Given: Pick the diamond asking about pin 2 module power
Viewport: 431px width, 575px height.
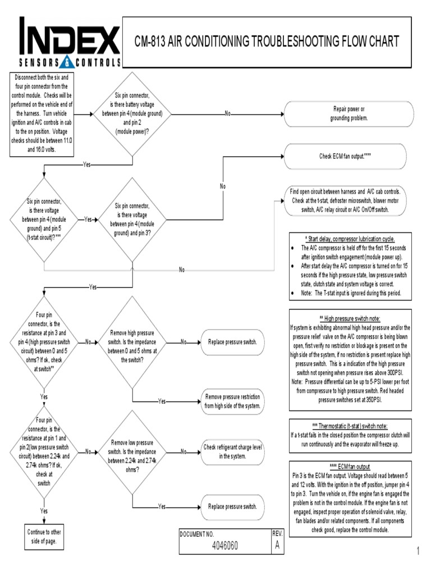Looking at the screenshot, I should pyautogui.click(x=132, y=113).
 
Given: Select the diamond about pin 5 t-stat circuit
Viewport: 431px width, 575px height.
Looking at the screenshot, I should pyautogui.click(x=43, y=220).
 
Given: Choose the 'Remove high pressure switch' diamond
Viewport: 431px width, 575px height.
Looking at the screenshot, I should pyautogui.click(x=132, y=341).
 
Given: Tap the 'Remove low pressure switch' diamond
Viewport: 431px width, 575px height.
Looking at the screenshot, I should pyautogui.click(x=132, y=451).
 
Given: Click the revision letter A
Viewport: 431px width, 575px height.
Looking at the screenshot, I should pyautogui.click(x=275, y=545).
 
